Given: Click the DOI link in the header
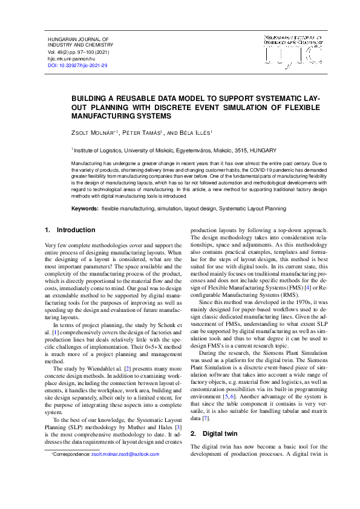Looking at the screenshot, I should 77,65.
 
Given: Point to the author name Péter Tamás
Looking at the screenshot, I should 144,132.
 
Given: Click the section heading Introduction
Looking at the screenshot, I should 76,230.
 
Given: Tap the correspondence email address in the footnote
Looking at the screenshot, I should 125,454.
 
